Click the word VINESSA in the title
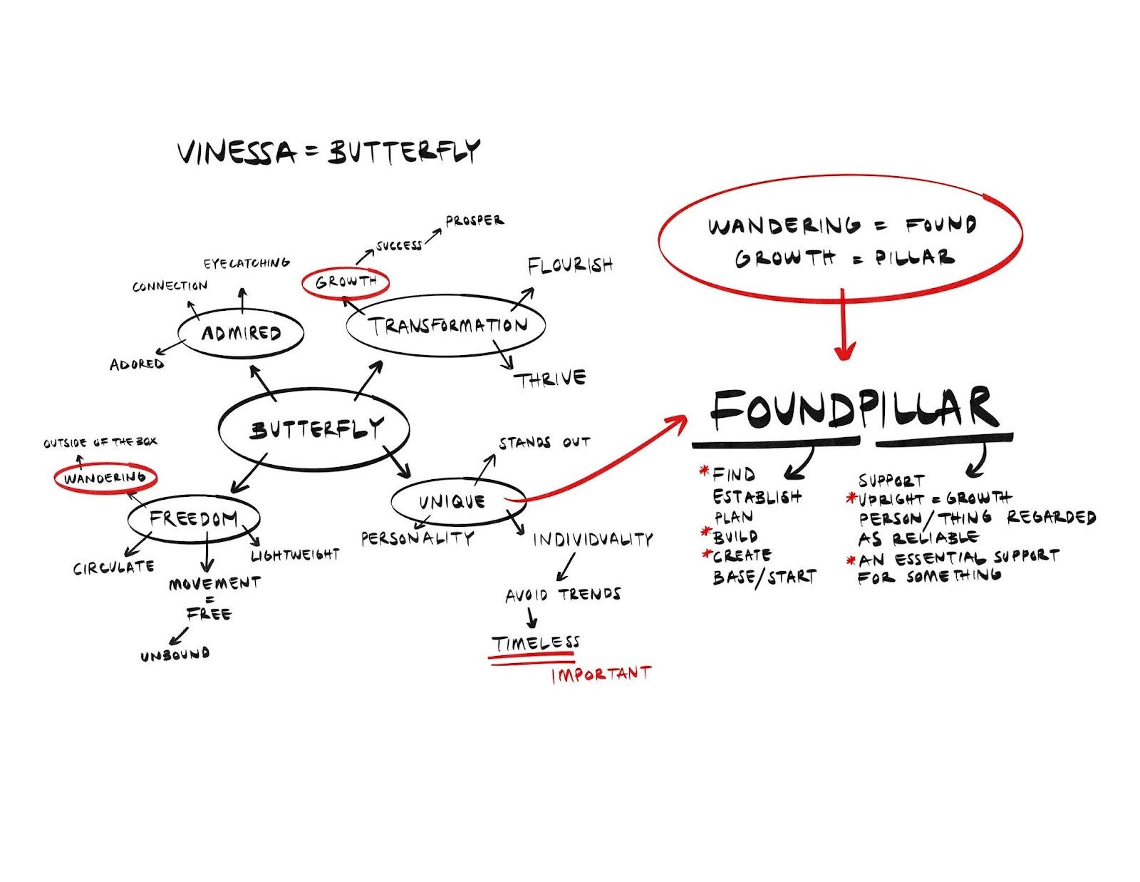(236, 153)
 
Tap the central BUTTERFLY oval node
(313, 429)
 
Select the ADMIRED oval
(241, 333)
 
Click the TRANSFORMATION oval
(446, 326)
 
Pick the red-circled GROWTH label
(346, 282)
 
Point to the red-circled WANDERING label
(105, 478)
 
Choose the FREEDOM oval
(193, 518)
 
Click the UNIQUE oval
(452, 501)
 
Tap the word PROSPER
(474, 220)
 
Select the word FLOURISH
(569, 265)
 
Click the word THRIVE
(551, 379)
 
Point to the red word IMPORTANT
(601, 675)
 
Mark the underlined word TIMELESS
(534, 643)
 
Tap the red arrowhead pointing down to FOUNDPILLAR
(844, 351)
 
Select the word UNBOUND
(175, 654)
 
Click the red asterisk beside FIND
(705, 471)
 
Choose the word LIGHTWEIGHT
(295, 555)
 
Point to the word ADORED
(137, 364)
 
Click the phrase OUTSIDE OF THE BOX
(100, 443)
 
